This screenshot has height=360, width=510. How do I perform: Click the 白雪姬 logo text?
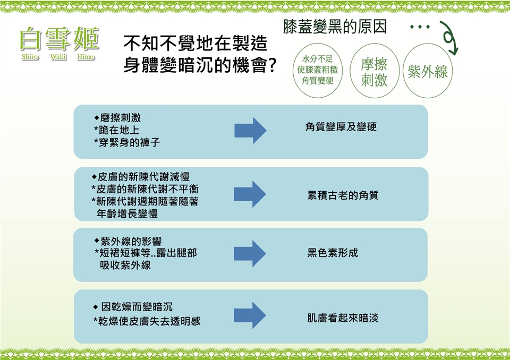[x=59, y=38]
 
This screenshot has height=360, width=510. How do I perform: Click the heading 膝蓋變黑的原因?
[x=334, y=27]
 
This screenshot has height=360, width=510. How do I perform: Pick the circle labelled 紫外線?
[x=428, y=72]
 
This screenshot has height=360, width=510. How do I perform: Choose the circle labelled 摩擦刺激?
[x=374, y=72]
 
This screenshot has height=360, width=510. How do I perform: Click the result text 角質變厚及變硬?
[x=341, y=127]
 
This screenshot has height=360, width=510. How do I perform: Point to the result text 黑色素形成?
[x=333, y=253]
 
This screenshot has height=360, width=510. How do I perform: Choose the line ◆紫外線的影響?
[x=128, y=242]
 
